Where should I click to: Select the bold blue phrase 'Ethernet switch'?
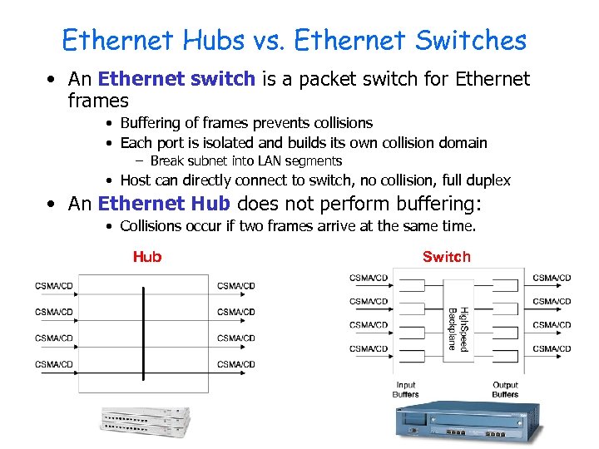tap(176, 79)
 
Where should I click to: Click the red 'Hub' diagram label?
tap(147, 257)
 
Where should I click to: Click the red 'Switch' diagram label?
tap(446, 257)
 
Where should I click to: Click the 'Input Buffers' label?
tap(406, 389)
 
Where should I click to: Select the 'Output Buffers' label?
tap(505, 389)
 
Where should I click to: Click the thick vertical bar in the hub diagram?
tap(144, 333)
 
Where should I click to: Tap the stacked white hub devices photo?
tap(145, 423)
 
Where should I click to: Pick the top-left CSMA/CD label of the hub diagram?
tap(54, 286)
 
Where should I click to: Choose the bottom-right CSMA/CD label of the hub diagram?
tap(236, 364)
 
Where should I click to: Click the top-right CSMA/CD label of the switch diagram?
tap(552, 278)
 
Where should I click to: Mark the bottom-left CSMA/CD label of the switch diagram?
tap(369, 348)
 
